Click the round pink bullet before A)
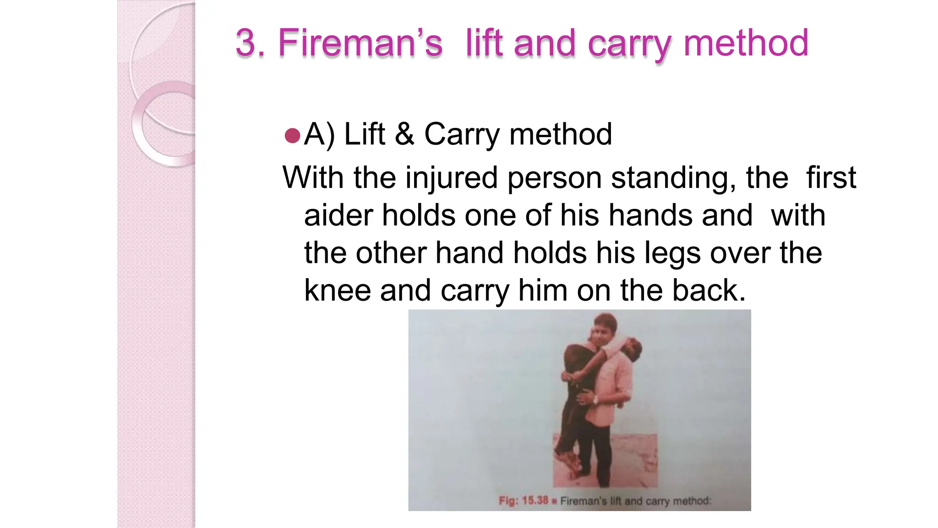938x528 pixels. coord(292,136)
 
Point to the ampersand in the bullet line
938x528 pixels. coord(404,134)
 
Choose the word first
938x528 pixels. coord(831,178)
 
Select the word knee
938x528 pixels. coord(337,291)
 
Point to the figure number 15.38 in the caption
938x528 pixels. coord(535,500)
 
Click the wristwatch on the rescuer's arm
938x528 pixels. coord(595,400)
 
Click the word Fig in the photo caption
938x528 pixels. coord(507,500)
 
